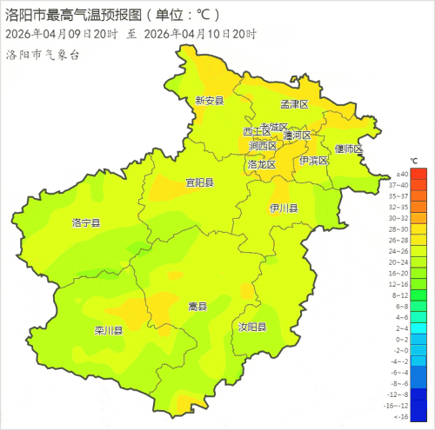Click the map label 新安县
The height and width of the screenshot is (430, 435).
[210, 101]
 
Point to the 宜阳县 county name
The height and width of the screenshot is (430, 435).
[199, 182]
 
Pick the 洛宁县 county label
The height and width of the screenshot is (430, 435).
[85, 223]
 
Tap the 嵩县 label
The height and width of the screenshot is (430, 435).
[198, 307]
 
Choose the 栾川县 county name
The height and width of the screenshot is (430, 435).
[108, 331]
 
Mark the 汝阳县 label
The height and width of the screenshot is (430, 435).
[252, 327]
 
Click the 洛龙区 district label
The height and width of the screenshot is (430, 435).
[261, 163]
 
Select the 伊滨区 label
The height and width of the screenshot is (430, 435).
[313, 161]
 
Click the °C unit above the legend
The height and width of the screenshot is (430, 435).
[414, 162]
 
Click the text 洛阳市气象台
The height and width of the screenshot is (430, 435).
[43, 55]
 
